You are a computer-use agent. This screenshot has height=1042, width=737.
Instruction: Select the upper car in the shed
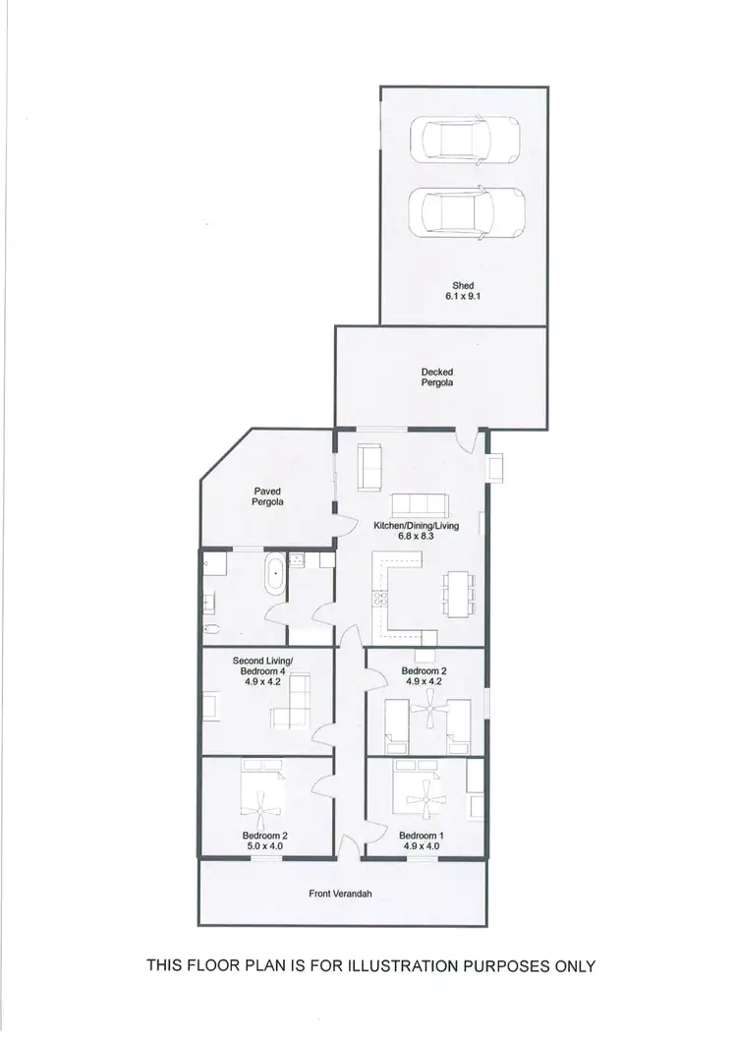tap(467, 141)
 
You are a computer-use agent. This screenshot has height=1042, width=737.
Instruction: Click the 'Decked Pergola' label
tap(437, 377)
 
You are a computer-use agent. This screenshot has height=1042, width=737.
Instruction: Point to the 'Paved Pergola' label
tap(268, 495)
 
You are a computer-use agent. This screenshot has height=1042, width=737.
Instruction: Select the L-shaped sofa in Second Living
tap(291, 704)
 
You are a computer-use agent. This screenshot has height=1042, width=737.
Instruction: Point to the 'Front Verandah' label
tap(343, 894)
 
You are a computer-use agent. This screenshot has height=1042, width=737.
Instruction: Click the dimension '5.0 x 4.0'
tap(264, 845)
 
